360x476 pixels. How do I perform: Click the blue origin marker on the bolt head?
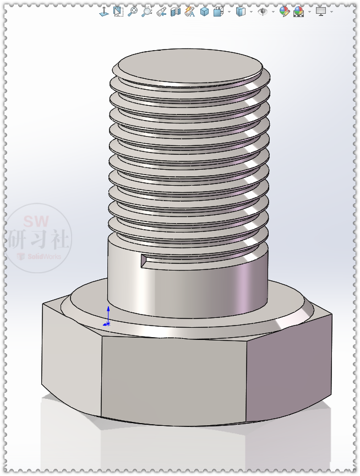coord(108,319)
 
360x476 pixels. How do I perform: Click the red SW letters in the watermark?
coord(36,222)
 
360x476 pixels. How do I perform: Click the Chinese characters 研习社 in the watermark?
coord(38,240)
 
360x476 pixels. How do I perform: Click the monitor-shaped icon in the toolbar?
coord(321,11)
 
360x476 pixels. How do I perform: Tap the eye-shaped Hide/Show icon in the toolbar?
coord(263,11)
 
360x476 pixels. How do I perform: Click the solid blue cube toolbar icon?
coord(204,11)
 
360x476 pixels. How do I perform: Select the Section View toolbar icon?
coord(176,11)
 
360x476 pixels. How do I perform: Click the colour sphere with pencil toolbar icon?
coord(284,11)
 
